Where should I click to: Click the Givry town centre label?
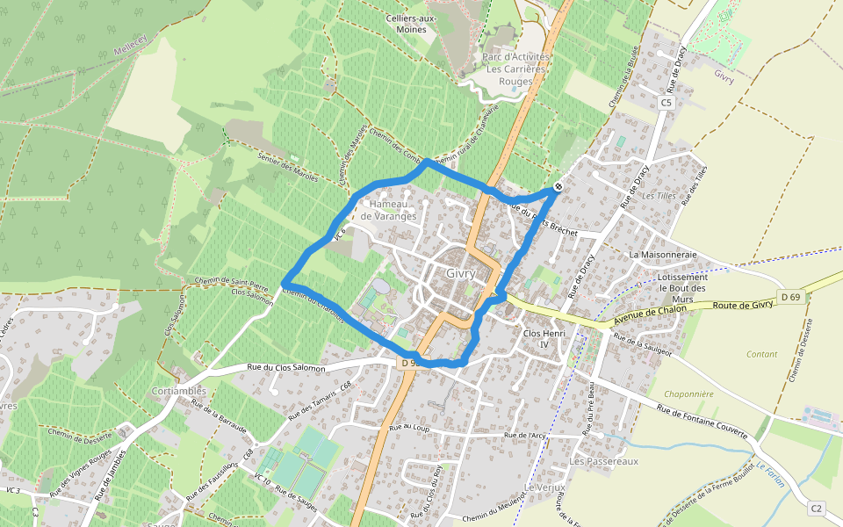460,272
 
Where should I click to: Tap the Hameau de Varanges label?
388,210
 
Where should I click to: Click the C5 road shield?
666,103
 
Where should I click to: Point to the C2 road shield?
817,508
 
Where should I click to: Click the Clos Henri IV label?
545,340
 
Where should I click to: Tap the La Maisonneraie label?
663,255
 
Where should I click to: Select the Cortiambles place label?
178,391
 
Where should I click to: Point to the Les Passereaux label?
603,461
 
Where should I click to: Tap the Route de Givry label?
743,304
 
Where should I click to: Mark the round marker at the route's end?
558,187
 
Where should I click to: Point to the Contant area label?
761,354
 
